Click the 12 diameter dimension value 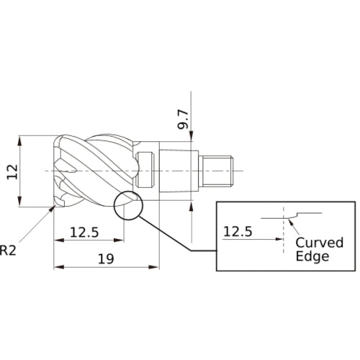[x=12, y=172]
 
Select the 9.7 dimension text [x=183, y=120]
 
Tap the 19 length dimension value [x=106, y=258]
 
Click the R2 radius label [x=8, y=250]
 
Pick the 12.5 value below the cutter [x=84, y=233]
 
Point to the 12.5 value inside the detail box [x=238, y=232]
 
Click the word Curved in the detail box [x=319, y=243]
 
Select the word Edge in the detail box [x=312, y=256]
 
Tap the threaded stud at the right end [x=217, y=171]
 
